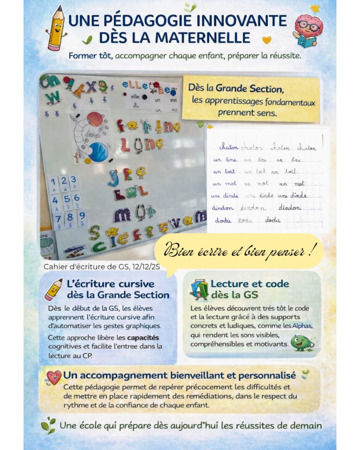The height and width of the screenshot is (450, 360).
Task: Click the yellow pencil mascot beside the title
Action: coord(56,28)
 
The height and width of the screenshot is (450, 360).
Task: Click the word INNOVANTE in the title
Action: coord(238,21)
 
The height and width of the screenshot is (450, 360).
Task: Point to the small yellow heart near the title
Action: coord(266,40)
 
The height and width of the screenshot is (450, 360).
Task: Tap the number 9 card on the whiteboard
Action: coord(81,217)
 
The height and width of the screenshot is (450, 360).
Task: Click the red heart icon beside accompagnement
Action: coord(54,377)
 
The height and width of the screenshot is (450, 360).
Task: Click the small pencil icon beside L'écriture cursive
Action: coord(54,289)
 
